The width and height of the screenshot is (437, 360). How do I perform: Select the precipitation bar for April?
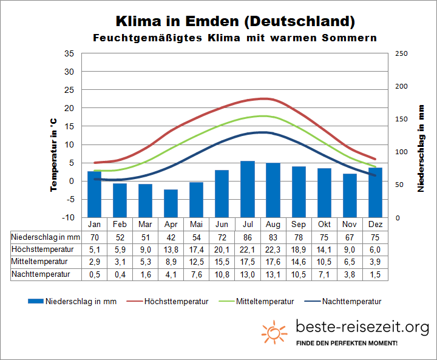[x=171, y=203]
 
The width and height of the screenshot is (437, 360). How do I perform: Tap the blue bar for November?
[x=350, y=195]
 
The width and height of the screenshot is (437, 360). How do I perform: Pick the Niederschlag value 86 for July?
[x=247, y=237]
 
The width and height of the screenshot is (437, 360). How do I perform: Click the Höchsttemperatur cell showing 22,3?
[x=273, y=249]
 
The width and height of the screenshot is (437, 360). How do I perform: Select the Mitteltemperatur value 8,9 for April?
[x=171, y=262]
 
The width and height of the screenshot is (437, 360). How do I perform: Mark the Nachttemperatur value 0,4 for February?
[x=119, y=274]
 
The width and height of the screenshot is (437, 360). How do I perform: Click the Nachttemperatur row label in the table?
[x=41, y=274]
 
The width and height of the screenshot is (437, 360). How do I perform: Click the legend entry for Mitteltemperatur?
[x=265, y=301]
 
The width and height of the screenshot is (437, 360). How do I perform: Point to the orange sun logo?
[x=274, y=332]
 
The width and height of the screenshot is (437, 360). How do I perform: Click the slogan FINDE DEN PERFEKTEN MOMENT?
[x=347, y=344]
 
